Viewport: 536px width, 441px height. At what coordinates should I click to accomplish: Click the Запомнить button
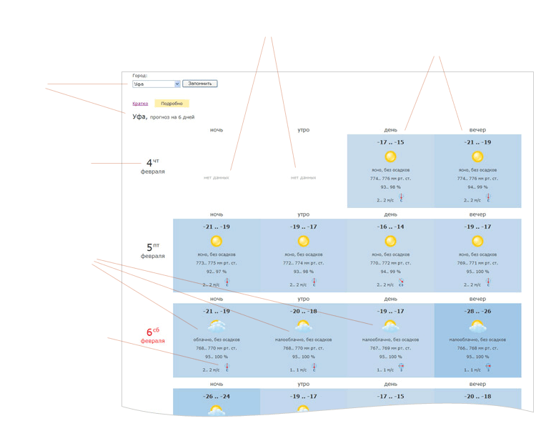tap(200, 84)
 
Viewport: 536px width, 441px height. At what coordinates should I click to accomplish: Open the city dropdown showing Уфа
tap(156, 84)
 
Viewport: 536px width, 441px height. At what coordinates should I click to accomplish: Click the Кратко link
tap(140, 104)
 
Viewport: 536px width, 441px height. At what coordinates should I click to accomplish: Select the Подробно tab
tap(172, 104)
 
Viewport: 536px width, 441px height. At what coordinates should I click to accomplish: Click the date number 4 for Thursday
tap(149, 163)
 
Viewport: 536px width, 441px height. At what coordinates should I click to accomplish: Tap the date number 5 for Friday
tap(149, 247)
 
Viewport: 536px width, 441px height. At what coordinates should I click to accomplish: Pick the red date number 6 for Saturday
tap(149, 332)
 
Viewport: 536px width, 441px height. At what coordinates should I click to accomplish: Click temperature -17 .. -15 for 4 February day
tap(390, 142)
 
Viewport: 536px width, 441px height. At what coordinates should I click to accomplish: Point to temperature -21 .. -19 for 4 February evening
tap(477, 142)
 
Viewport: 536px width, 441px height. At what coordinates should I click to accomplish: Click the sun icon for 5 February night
tap(217, 242)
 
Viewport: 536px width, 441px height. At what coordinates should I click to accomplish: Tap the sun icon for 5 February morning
tap(303, 242)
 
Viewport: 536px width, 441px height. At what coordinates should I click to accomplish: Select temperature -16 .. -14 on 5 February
tap(390, 227)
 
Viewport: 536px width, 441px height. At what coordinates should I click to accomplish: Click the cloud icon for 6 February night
tap(217, 326)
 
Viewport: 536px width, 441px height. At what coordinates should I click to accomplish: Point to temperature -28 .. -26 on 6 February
tap(477, 312)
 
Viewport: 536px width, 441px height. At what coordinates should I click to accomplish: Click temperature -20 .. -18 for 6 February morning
tap(303, 312)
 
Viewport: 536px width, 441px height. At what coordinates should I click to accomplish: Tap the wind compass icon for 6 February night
tap(227, 367)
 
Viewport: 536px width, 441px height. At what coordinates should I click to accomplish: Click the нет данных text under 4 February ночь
tap(217, 177)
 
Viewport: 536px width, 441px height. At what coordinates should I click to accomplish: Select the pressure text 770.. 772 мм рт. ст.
tap(390, 263)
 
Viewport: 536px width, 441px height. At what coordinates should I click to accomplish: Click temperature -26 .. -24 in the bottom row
tap(217, 396)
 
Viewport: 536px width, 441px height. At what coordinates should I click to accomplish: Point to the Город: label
tap(139, 75)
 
